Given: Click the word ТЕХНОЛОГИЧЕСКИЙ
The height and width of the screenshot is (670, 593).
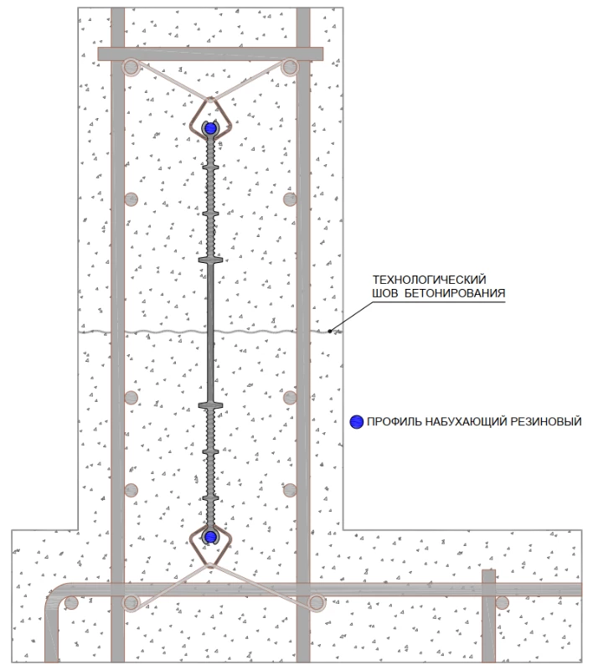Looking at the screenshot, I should [429, 279].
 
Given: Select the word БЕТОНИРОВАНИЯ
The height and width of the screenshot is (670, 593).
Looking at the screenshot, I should [456, 294].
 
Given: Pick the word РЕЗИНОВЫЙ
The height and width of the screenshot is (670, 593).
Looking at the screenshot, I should [544, 422].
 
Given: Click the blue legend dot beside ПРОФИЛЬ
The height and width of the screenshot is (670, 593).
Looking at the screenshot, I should [356, 422].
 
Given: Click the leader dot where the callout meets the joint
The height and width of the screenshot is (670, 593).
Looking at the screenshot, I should [331, 332].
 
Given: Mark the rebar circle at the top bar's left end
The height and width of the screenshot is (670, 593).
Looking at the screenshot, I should [130, 66].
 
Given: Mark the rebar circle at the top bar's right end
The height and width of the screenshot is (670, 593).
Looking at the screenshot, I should [290, 66].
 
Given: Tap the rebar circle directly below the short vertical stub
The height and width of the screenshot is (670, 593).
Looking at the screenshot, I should [501, 601].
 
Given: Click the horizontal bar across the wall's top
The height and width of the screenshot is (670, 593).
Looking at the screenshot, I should [209, 54].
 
